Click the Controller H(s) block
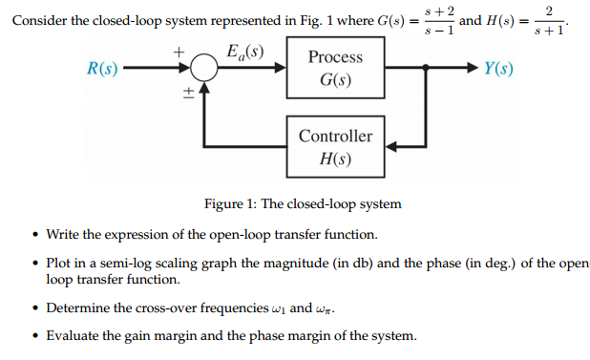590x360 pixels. pyautogui.click(x=335, y=146)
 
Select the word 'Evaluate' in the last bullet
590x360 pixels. pyautogui.click(x=74, y=335)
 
